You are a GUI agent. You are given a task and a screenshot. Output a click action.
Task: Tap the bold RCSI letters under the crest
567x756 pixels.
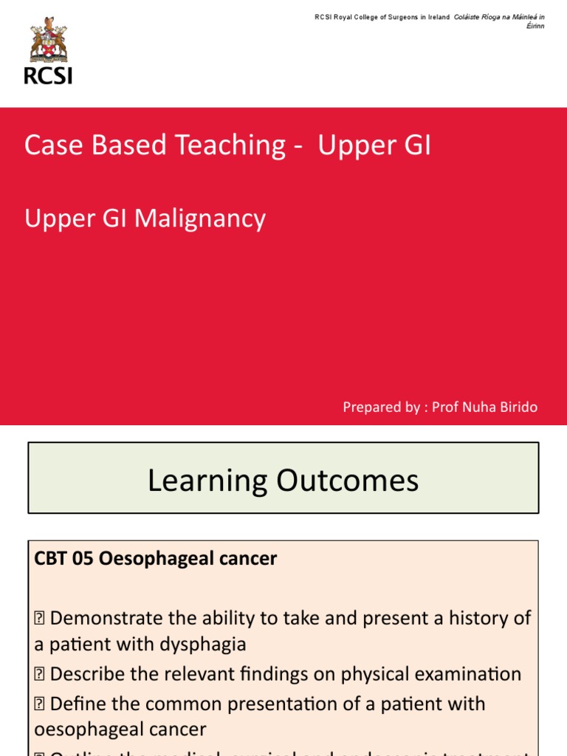[48, 75]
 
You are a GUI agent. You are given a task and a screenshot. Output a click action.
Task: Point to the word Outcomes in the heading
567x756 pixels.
[348, 481]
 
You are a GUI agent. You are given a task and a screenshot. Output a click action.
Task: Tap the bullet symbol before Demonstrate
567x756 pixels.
[40, 618]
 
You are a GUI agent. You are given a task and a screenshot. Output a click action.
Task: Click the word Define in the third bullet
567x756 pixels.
[78, 704]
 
